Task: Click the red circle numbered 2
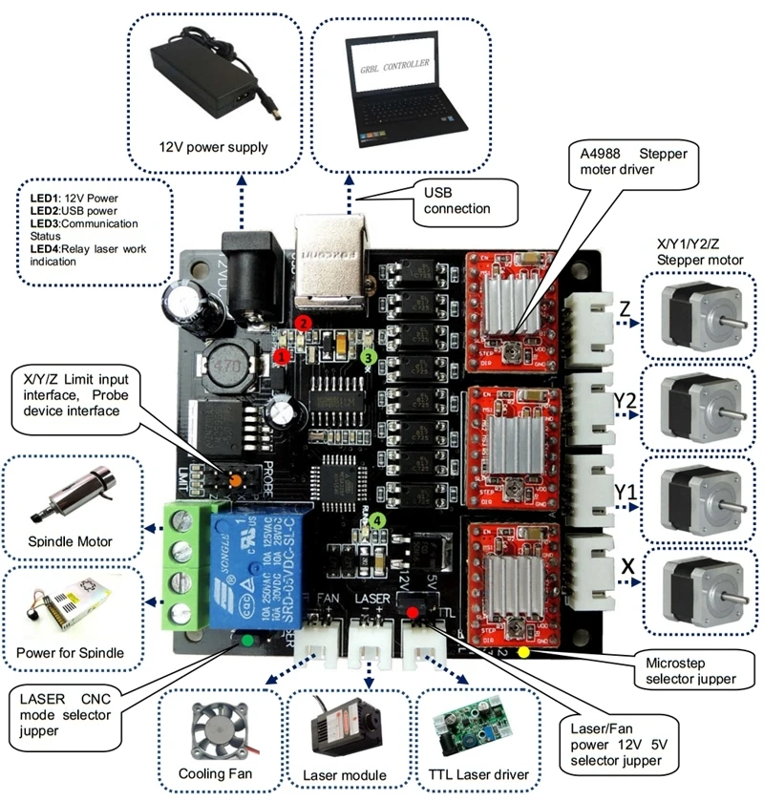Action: pyautogui.click(x=303, y=323)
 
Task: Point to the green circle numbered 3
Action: pyautogui.click(x=369, y=356)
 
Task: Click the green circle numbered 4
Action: pyautogui.click(x=380, y=520)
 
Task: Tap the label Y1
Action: pyautogui.click(x=626, y=492)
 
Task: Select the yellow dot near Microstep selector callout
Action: pyautogui.click(x=523, y=654)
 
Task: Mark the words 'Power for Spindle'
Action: pyautogui.click(x=71, y=654)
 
